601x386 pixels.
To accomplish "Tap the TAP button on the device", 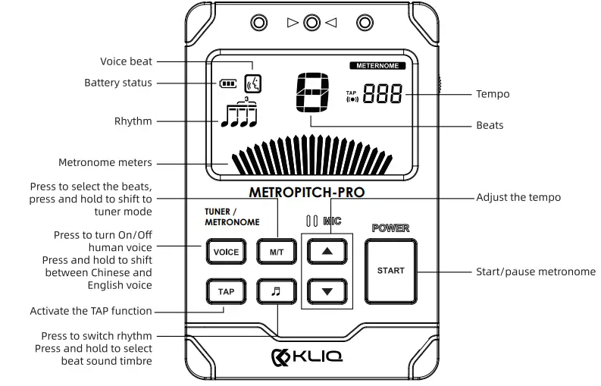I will (226, 291).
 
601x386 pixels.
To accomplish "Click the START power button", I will (391, 271).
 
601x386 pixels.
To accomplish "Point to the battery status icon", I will (227, 83).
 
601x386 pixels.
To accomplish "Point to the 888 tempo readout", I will (383, 95).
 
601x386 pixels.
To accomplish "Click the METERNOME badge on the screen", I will (377, 66).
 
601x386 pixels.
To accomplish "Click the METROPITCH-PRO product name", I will (306, 193).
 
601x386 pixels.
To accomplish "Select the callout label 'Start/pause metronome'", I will (535, 271).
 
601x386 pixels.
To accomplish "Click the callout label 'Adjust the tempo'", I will (518, 197).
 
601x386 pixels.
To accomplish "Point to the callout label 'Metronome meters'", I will (105, 162).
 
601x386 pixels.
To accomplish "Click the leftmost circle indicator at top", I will (260, 23).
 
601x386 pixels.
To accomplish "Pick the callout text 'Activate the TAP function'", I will (91, 311).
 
